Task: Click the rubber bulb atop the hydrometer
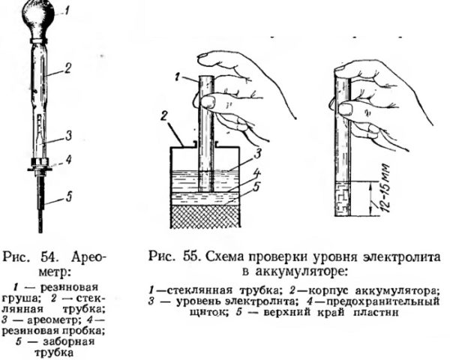39,18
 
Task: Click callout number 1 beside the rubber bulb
66,11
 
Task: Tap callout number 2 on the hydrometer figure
67,68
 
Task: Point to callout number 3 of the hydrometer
68,136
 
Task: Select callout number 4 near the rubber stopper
68,160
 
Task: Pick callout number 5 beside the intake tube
68,197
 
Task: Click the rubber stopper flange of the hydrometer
40,169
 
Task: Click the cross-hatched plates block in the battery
205,217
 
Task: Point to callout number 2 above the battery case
163,118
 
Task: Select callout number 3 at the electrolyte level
258,154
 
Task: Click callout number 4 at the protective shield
256,174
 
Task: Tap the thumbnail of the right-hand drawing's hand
345,109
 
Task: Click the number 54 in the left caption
52,257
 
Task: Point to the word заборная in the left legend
68,342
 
